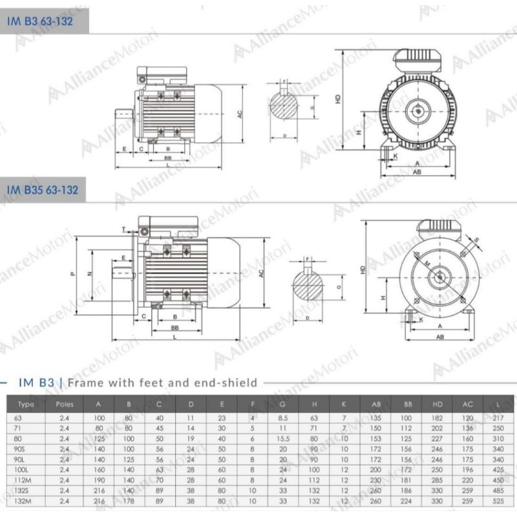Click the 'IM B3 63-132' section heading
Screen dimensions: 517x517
pos(39,21)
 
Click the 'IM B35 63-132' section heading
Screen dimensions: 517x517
pos(42,190)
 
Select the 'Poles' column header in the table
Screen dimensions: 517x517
pos(65,405)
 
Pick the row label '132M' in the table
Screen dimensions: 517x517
pos(26,501)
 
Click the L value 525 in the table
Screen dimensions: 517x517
pos(497,501)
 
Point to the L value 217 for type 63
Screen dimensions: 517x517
pos(497,418)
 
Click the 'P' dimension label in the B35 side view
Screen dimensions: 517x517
pos(73,273)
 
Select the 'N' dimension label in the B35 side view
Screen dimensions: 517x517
pos(90,273)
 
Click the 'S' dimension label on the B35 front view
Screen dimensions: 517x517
pos(477,240)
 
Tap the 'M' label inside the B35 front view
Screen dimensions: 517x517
pos(427,264)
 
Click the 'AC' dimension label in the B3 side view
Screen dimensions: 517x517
pos(239,114)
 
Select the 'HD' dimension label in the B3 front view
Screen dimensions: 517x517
pos(338,100)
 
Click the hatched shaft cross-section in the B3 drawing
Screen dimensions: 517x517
pos(285,107)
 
